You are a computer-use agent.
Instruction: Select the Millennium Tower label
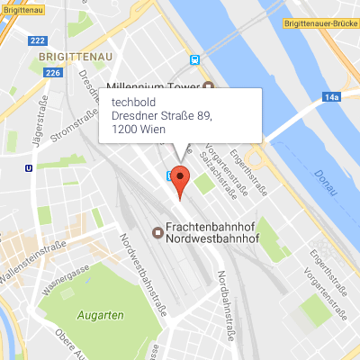(x=154, y=86)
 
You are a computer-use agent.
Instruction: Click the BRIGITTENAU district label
(x=63, y=57)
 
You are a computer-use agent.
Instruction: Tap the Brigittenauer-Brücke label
(x=319, y=24)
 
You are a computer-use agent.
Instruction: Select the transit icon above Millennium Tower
(x=195, y=60)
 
